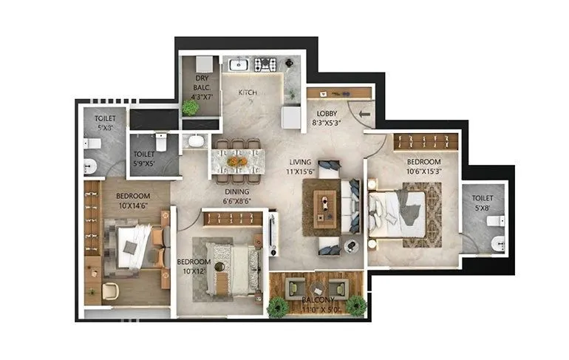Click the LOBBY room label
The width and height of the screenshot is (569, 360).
point(326,114)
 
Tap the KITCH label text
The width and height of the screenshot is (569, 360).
point(248,92)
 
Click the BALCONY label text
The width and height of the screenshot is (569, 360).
point(317,300)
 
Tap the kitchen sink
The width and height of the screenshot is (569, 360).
point(239,65)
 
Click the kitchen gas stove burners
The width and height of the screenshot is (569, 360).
point(265,65)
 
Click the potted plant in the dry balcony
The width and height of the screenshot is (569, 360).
point(191,107)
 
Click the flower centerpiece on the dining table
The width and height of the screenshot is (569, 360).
point(237,160)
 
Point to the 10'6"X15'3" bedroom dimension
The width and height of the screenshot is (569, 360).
point(423,171)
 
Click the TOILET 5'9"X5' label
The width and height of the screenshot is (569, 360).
point(145,158)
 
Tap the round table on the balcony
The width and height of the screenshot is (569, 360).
point(317,288)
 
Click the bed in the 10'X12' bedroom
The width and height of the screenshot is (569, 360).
point(232,267)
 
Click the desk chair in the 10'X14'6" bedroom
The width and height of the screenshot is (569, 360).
point(109,289)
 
